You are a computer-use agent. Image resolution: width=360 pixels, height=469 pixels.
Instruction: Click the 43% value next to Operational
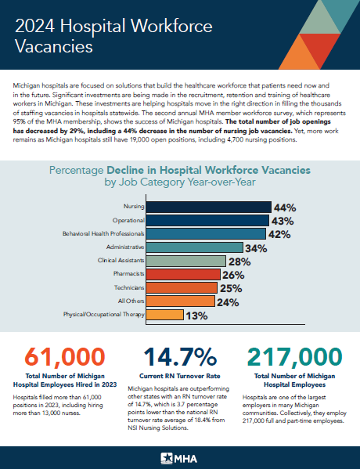pos(282,221)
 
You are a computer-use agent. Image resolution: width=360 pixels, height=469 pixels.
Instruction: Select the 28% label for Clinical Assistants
pos(238,261)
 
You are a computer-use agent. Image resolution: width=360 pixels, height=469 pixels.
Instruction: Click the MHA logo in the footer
pos(180,456)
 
